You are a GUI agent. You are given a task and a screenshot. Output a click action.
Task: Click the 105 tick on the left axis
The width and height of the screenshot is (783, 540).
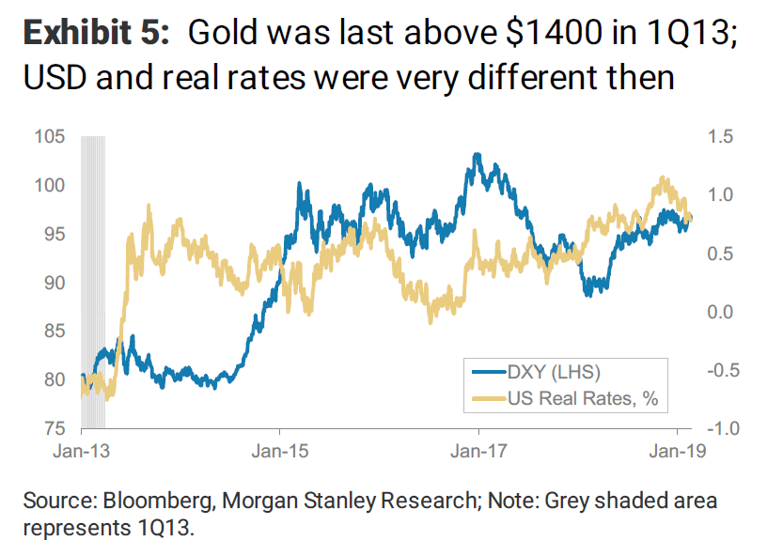(53, 137)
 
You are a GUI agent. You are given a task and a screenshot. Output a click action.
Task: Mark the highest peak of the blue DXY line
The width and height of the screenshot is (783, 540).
(477, 154)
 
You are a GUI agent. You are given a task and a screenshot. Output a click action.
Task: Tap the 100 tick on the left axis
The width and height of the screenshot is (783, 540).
(53, 186)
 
